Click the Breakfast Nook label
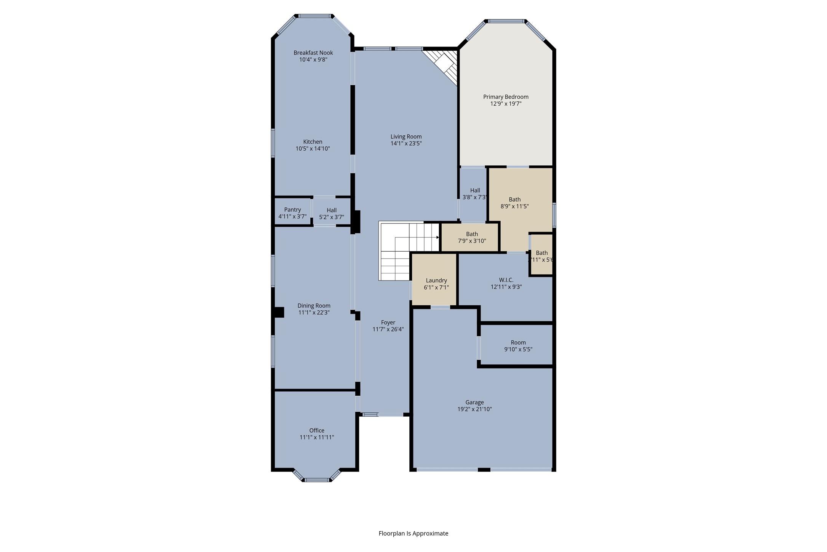[x=313, y=53]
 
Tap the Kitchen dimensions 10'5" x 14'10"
[x=313, y=149]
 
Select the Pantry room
[x=292, y=213]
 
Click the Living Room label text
[x=406, y=136]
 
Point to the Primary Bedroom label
[x=506, y=97]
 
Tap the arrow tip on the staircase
[x=438, y=237]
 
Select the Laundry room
[x=436, y=284]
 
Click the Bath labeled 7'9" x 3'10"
[x=472, y=237]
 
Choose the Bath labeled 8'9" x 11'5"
[x=514, y=203]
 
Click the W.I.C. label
[x=506, y=280]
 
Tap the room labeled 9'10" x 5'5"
[x=518, y=346]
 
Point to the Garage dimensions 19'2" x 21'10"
[x=474, y=409]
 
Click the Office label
[x=316, y=430]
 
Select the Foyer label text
[x=388, y=323]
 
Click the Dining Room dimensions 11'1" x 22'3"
[x=314, y=313]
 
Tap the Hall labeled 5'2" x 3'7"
[x=331, y=213]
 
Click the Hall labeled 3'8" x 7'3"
[x=474, y=194]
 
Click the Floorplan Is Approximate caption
[x=413, y=533]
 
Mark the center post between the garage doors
[x=484, y=470]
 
